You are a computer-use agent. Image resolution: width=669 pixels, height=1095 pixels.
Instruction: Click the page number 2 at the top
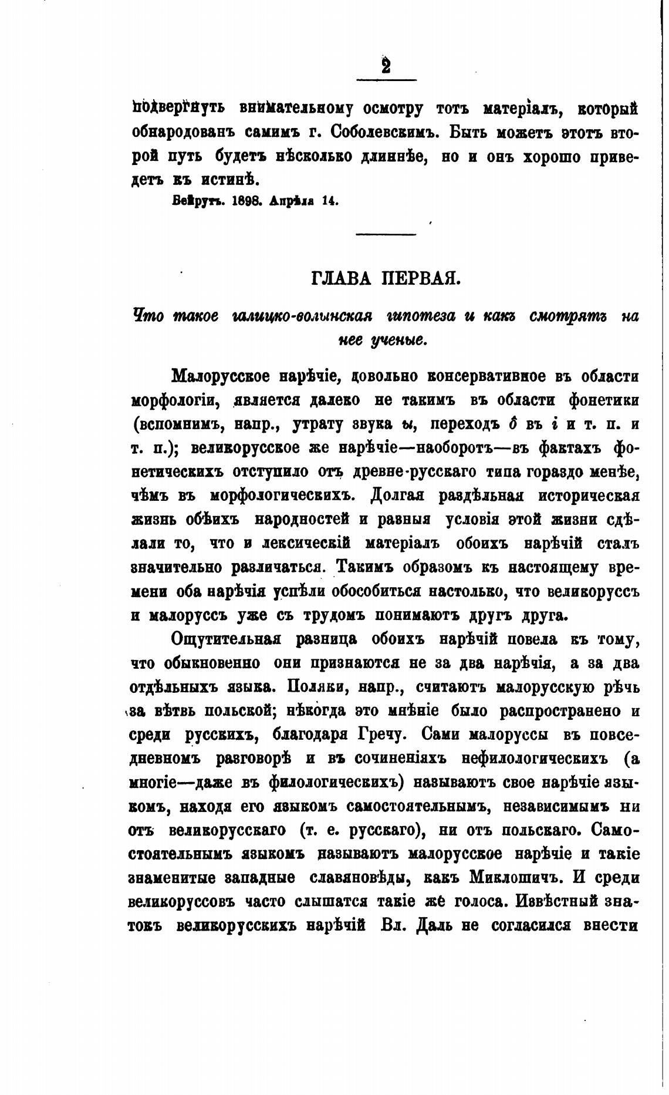tap(386, 66)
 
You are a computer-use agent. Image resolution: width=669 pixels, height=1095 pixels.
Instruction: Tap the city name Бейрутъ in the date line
tap(195, 201)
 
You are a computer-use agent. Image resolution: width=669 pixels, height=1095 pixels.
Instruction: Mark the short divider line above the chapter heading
tap(386, 235)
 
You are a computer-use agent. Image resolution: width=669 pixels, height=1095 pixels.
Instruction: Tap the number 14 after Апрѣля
tap(330, 201)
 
